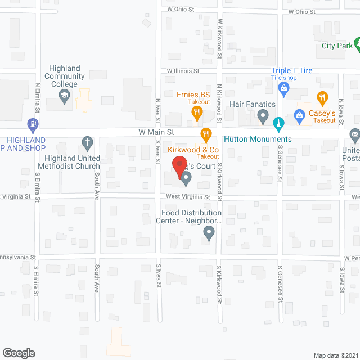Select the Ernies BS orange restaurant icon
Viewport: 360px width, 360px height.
pyautogui.click(x=197, y=112)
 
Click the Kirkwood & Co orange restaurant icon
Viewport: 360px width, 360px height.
pyautogui.click(x=205, y=134)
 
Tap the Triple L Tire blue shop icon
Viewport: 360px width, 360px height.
pyautogui.click(x=284, y=88)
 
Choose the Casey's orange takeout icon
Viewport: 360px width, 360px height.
pyautogui.click(x=322, y=99)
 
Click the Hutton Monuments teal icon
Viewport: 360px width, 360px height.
pyautogui.click(x=277, y=123)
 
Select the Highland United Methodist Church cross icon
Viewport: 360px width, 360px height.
pyautogui.click(x=87, y=142)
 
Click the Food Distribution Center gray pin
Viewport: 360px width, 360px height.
pyautogui.click(x=209, y=232)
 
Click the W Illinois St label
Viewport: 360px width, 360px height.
pyautogui.click(x=183, y=71)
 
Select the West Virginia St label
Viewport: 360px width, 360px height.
pyautogui.click(x=188, y=197)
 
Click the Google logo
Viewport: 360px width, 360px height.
pyautogui.click(x=19, y=353)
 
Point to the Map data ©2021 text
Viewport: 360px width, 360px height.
pyautogui.click(x=335, y=355)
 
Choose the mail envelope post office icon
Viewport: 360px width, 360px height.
pyautogui.click(x=355, y=135)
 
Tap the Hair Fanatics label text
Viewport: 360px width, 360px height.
pyautogui.click(x=253, y=104)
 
